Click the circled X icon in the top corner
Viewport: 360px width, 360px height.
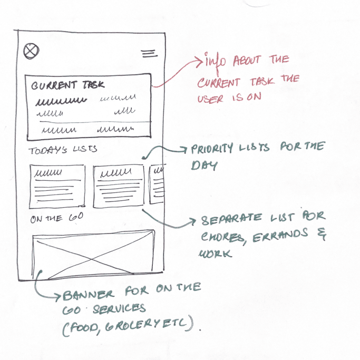[32, 51]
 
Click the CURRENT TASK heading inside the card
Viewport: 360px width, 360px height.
[68, 85]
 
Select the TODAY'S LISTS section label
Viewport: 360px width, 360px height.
[63, 150]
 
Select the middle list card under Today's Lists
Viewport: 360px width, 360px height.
[119, 185]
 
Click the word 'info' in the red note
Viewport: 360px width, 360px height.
[214, 61]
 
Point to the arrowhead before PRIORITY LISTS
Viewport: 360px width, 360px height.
[184, 150]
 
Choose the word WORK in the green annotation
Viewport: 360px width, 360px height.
[214, 254]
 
